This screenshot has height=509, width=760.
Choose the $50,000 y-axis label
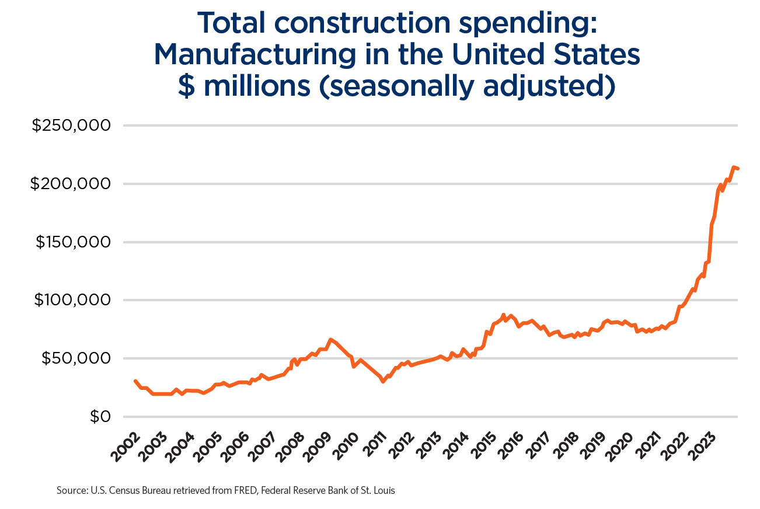point(76,358)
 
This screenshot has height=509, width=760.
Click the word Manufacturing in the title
point(254,55)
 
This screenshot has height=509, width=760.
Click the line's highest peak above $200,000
point(734,168)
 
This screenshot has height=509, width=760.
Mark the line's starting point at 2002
point(135,381)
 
